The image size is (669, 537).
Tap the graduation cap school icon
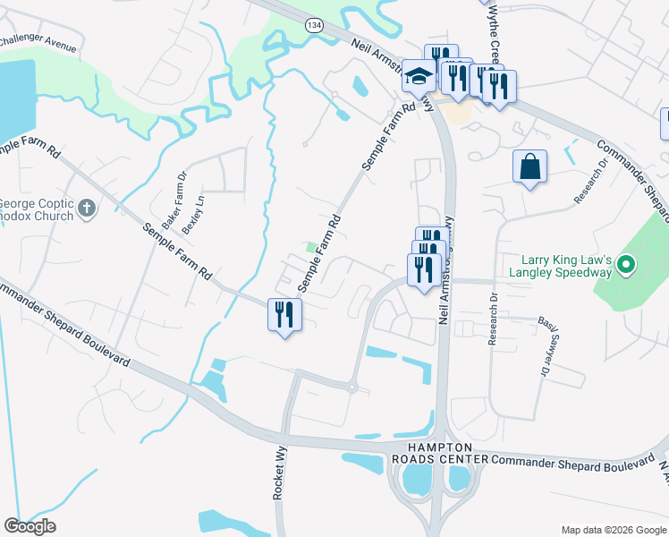click(416, 76)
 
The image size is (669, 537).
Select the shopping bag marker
click(529, 166)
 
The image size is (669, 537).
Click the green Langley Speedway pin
click(626, 265)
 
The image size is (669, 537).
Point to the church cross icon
click(86, 209)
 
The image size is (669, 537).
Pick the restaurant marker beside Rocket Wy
click(284, 314)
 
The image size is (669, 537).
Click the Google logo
click(30, 526)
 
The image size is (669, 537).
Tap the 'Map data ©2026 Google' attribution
click(614, 530)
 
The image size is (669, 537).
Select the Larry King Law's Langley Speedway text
click(560, 266)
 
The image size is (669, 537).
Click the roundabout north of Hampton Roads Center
click(352, 387)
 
